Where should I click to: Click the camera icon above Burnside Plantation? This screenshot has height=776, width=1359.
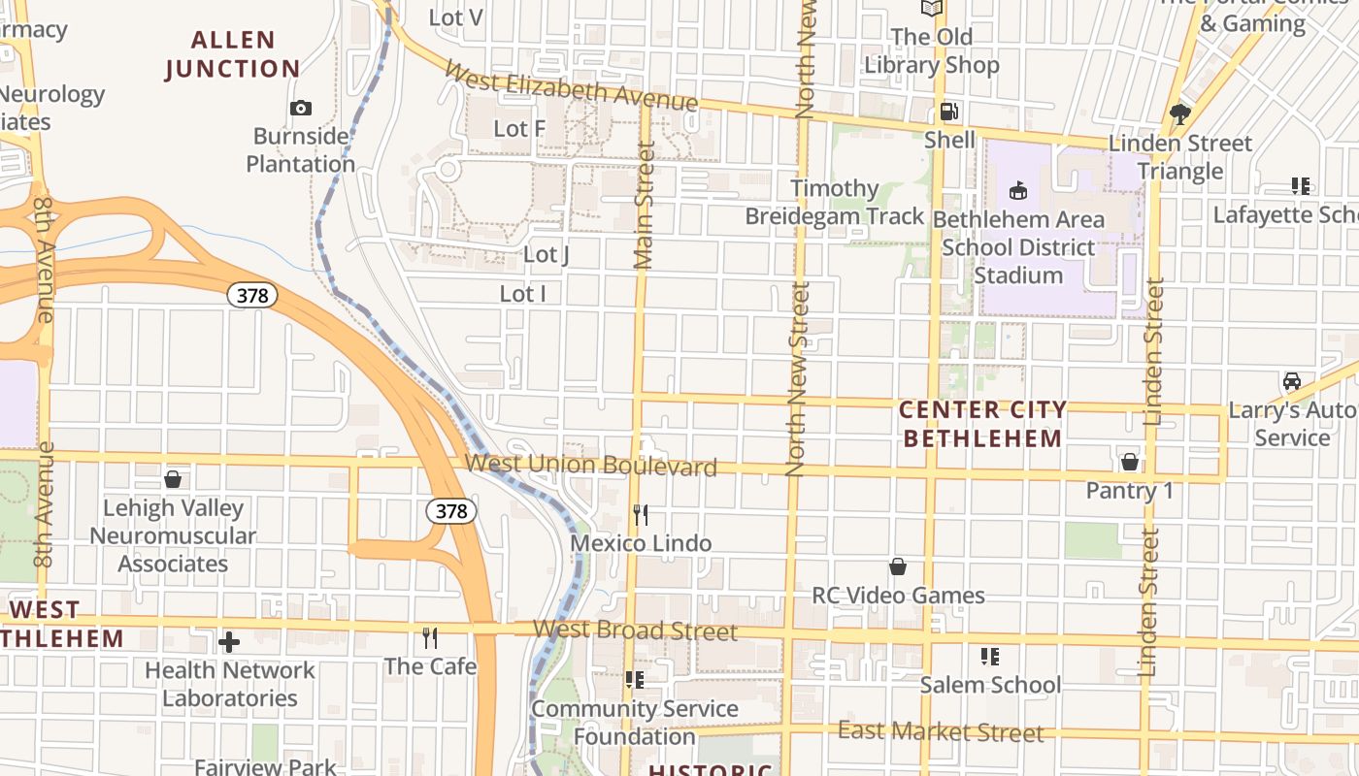301,108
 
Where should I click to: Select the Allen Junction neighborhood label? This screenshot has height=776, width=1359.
233,54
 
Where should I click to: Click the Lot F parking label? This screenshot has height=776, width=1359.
519,128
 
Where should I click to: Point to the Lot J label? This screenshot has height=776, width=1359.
546,254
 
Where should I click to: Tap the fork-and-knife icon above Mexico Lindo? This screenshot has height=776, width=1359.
641,514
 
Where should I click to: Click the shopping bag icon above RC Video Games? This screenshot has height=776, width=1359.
898,566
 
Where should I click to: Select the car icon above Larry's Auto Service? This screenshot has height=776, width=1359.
1292,381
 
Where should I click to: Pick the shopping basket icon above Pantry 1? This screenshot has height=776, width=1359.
1129,461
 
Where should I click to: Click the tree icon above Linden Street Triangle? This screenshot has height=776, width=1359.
1180,114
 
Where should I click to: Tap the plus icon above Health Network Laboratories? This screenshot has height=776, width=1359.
229,641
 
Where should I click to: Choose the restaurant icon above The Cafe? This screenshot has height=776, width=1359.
430,637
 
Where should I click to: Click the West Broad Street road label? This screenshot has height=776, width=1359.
635,630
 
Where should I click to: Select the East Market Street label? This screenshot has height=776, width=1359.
941,731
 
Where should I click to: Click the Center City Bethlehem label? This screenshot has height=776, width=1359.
982,424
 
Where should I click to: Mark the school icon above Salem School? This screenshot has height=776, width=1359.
990,657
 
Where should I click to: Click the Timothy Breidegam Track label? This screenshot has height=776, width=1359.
835,202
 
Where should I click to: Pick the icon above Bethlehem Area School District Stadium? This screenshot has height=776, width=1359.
1018,190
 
